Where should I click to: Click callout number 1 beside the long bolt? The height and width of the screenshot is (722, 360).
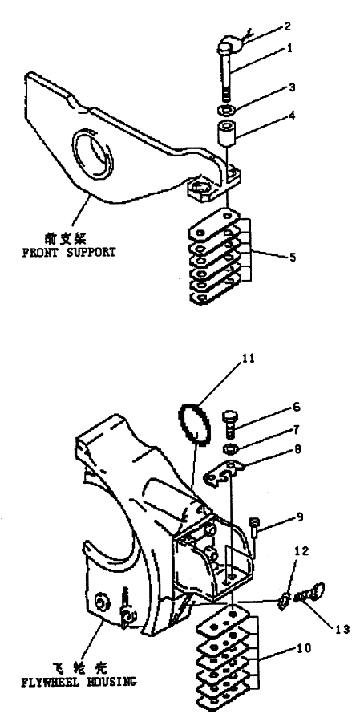pos(289,48)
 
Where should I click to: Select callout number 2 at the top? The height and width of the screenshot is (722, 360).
pos(287,26)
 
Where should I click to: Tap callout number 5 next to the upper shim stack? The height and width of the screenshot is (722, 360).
pos(292,257)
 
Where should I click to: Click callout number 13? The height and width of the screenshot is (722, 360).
pos(342,628)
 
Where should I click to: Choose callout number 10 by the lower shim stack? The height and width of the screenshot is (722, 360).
pos(305,648)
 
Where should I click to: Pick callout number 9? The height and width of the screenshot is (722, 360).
pos(300,517)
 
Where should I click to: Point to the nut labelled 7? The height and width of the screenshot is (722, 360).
pos(229,448)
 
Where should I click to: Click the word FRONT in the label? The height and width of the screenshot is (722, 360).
pos(38,253)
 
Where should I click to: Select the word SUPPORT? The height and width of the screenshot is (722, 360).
pos(88,253)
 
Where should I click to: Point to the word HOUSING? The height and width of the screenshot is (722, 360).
pos(110,682)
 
